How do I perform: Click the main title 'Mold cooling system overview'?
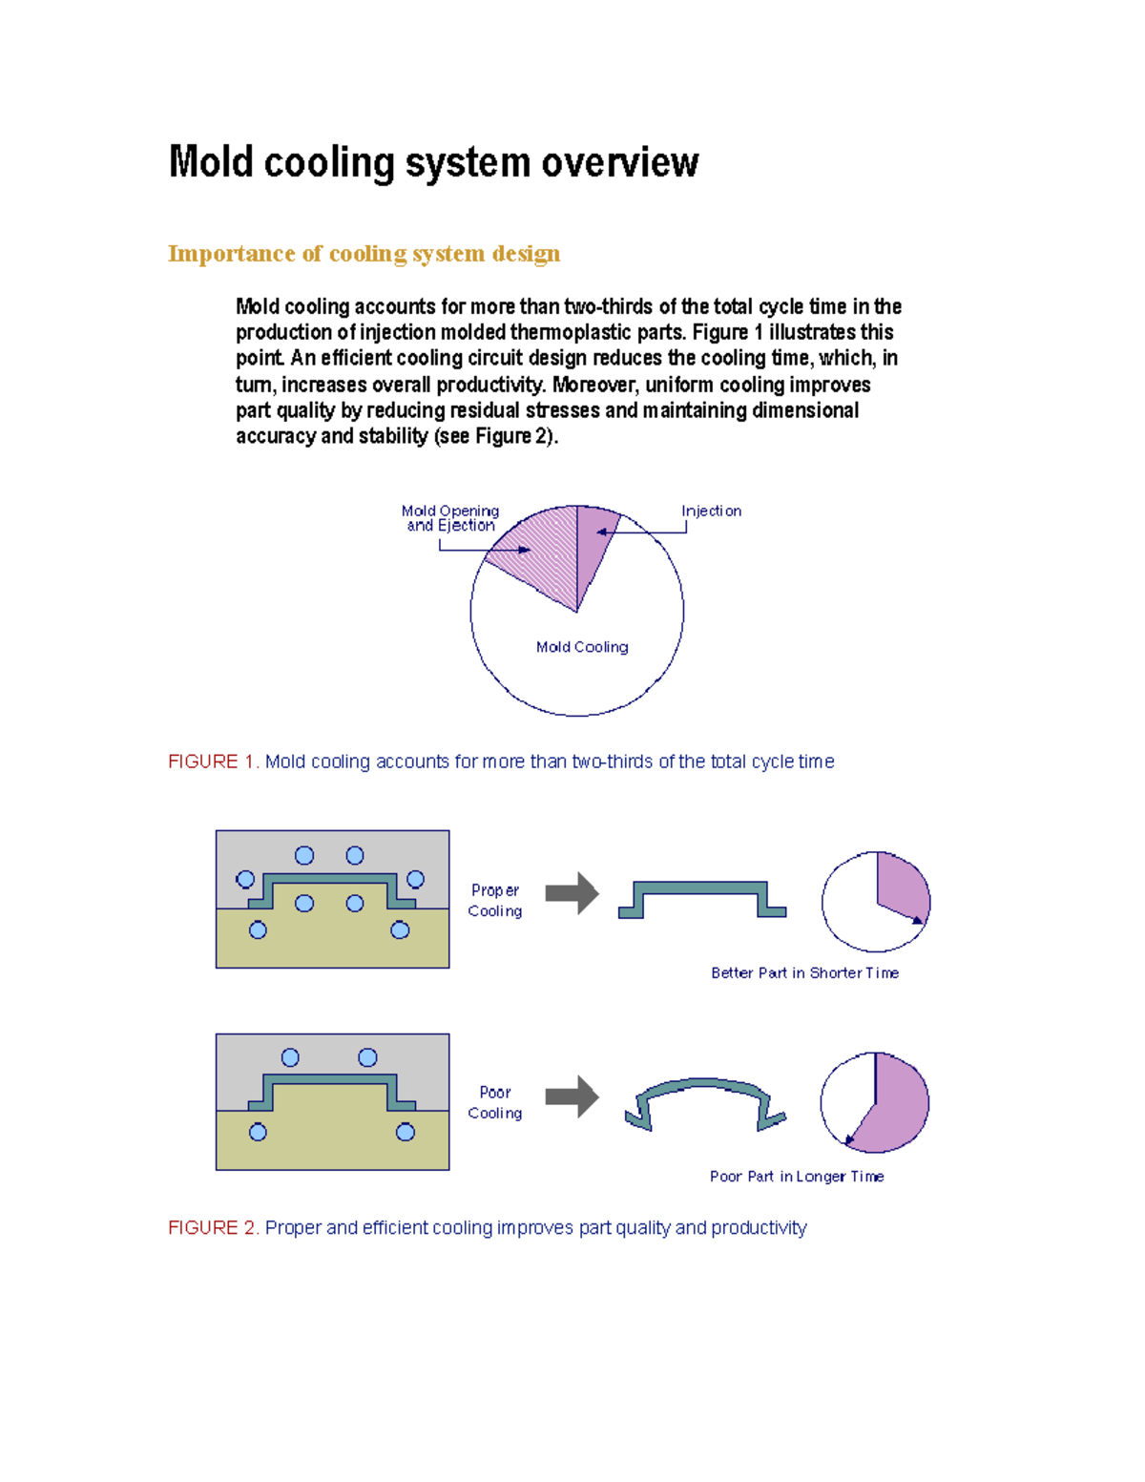coord(433,162)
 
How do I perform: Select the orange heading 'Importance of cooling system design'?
coord(364,254)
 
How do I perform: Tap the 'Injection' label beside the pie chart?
coord(711,511)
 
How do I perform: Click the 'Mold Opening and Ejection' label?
coord(450,518)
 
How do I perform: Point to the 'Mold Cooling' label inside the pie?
coord(582,647)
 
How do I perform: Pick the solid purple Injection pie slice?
coord(593,544)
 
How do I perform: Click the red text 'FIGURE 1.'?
coord(213,762)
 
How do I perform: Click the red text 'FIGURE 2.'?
coord(213,1228)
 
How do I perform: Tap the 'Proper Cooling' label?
coord(494,901)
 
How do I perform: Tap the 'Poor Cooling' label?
coord(494,1102)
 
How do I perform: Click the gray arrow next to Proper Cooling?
coord(572,893)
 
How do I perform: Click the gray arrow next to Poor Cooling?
coord(572,1096)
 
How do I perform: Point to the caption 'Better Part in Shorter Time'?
coord(804,973)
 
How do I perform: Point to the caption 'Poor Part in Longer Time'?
coord(797,1177)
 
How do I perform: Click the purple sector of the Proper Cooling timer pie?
coord(902,887)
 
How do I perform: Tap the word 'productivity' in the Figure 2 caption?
coord(759,1228)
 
